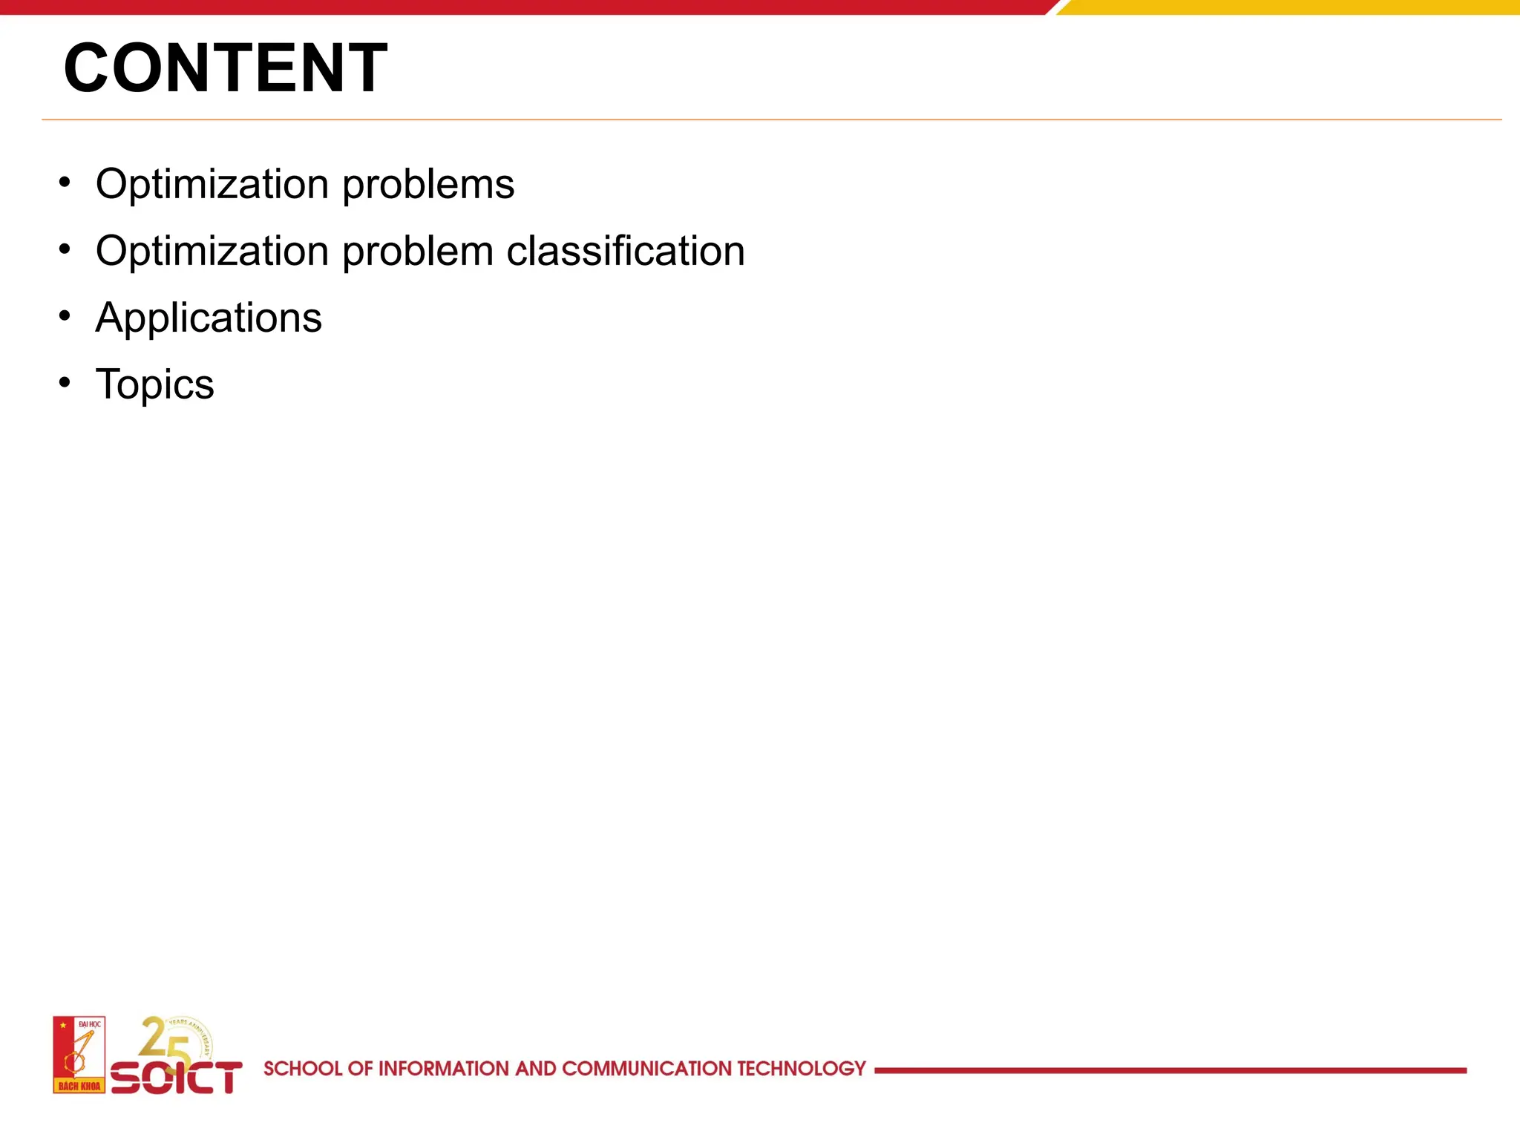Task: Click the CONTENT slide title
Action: click(226, 68)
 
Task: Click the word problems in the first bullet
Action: click(428, 185)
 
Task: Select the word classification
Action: click(626, 251)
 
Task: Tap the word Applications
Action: click(209, 318)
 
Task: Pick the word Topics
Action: click(154, 384)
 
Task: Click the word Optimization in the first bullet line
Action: click(212, 185)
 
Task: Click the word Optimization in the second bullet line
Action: click(212, 251)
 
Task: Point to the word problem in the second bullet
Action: click(418, 252)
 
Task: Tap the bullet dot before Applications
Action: click(65, 316)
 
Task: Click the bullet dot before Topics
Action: click(65, 382)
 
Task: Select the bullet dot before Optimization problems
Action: click(65, 182)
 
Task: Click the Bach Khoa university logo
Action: click(79, 1055)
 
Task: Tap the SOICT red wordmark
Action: click(177, 1078)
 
